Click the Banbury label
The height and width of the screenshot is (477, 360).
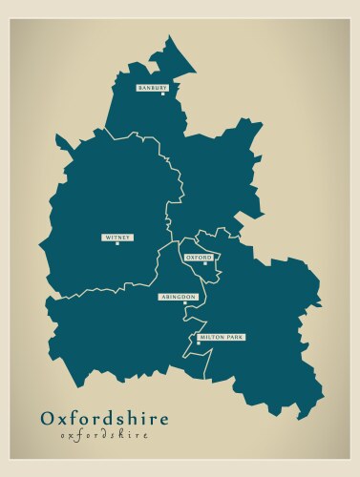[x=152, y=88]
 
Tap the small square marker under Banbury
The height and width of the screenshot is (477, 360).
[x=163, y=93]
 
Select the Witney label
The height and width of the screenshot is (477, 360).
[x=117, y=237]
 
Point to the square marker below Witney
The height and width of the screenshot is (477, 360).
[x=117, y=243]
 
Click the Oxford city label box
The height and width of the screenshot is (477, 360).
[x=199, y=258]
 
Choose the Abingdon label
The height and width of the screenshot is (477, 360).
[x=178, y=297]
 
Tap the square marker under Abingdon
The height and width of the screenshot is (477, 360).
[x=184, y=303]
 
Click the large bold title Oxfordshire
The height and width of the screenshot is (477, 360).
[x=104, y=418]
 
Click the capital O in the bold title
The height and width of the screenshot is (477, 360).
[x=48, y=418]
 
